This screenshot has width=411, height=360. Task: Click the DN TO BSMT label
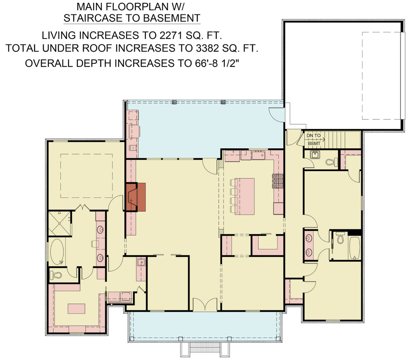click(x=314, y=139)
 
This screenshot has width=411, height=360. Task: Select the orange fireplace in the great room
click(x=136, y=197)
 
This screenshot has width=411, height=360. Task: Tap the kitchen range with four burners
click(x=278, y=181)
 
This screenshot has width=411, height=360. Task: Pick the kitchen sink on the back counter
click(x=259, y=155)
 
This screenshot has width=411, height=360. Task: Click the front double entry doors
click(x=205, y=305)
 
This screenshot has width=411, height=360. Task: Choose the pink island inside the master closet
click(x=76, y=308)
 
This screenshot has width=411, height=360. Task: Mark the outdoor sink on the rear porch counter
click(x=132, y=148)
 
